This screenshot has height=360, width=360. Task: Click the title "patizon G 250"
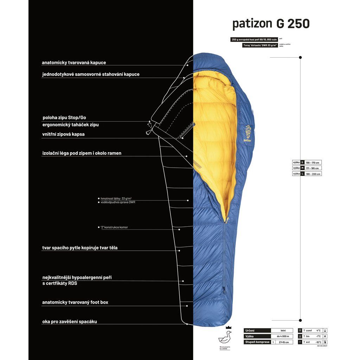pos(271,24)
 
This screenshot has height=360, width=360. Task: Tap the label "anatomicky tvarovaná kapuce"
pos(74,63)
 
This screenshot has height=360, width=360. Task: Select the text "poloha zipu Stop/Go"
pos(64,117)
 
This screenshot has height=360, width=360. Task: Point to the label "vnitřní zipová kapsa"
pos(63,134)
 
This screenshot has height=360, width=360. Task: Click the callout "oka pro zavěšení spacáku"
pos(70,321)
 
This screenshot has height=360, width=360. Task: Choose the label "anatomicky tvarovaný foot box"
pos(75,302)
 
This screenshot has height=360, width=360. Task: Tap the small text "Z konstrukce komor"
pos(114,227)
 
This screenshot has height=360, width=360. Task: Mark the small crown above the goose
pos(228,327)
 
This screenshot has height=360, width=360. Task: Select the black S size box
pos(302,162)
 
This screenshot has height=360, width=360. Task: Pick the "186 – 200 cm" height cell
pos(313,174)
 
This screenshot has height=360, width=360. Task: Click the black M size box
pos(302,168)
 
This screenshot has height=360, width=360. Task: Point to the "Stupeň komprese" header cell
pos(257,342)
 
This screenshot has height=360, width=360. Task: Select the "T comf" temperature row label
pos(307,330)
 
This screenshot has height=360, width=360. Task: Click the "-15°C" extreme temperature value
pos(318,342)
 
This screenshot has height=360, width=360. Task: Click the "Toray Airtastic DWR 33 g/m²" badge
pos(259,45)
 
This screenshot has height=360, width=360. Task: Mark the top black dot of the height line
pos(300,57)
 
